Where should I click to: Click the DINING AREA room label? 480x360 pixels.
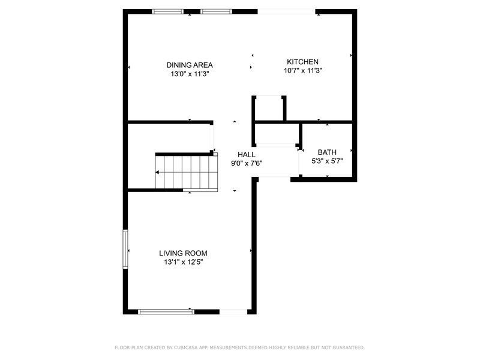click(190, 65)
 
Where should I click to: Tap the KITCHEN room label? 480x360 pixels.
click(302, 62)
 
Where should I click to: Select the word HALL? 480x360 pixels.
click(247, 154)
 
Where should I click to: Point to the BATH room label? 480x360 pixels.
click(327, 152)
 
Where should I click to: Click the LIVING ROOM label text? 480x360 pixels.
click(183, 253)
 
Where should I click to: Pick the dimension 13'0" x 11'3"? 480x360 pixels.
click(190, 74)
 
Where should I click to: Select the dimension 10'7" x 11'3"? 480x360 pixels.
click(303, 71)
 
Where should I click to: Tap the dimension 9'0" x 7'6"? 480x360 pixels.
click(247, 163)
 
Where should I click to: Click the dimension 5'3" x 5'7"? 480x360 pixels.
click(328, 161)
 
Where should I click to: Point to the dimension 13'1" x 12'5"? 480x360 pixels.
click(183, 262)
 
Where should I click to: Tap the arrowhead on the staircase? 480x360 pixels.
click(158, 172)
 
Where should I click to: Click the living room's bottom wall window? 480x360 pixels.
click(165, 311)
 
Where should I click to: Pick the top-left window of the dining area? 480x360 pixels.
click(167, 11)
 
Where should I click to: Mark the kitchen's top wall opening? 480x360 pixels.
click(286, 11)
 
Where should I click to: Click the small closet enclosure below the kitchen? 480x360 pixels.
click(268, 108)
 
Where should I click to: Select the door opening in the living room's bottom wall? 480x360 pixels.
click(235, 311)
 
